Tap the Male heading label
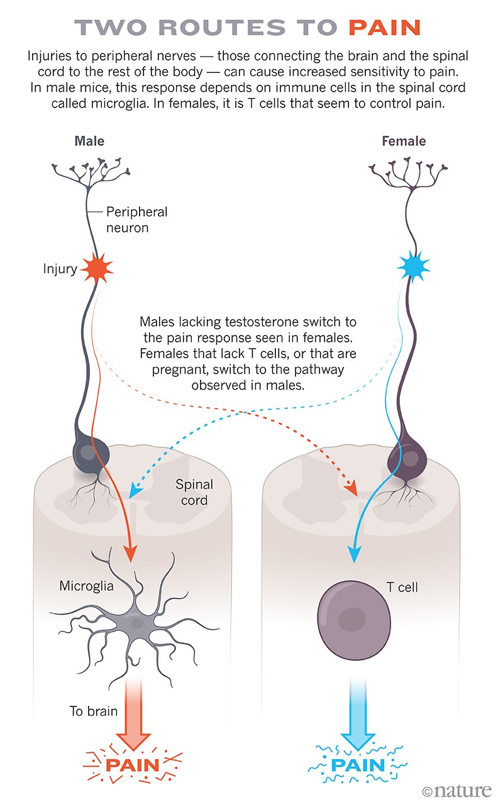point(89,141)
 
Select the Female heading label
point(404,141)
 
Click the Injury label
point(60,270)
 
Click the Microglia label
point(86,586)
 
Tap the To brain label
point(94,712)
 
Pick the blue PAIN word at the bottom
point(357,766)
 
